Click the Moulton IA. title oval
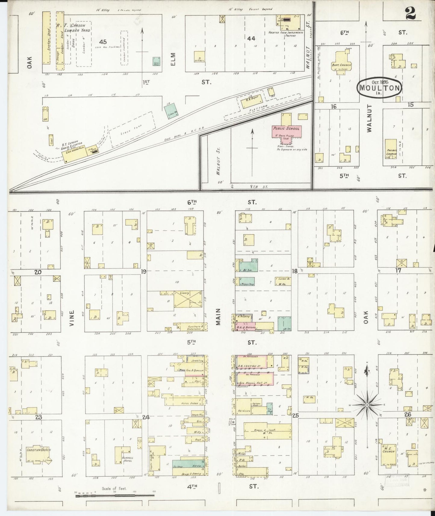[x=379, y=88]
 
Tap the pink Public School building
[x=286, y=130]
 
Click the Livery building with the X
[x=188, y=299]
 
